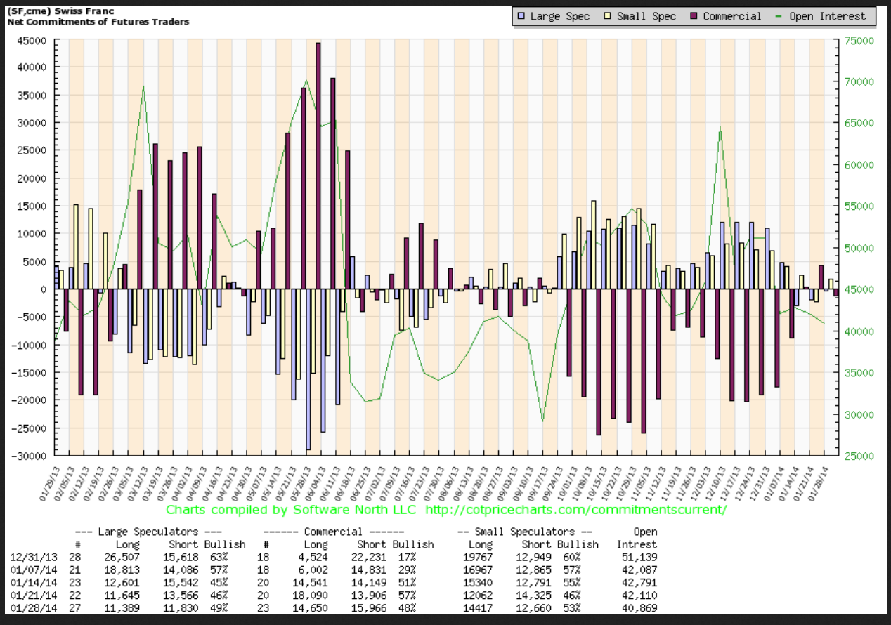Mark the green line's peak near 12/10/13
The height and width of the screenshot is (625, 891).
click(720, 128)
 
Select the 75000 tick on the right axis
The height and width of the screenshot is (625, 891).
click(859, 41)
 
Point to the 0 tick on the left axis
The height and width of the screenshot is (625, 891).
click(51, 289)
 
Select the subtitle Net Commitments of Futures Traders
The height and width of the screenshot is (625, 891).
click(98, 21)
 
